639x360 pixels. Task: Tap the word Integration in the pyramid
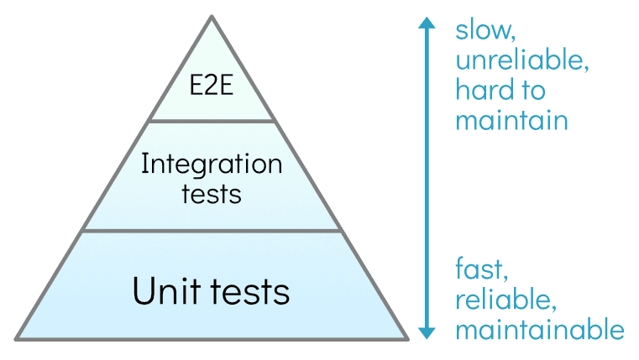pos(212,164)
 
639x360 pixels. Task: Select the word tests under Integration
pos(212,194)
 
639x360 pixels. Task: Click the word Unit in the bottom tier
pos(164,291)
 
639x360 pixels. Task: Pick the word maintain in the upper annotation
pos(511,119)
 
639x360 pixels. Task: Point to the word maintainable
pos(539,329)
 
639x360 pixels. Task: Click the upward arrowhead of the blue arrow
pos(427,23)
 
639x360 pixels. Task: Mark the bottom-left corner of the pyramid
pos(16,339)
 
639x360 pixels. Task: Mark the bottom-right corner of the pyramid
pos(408,339)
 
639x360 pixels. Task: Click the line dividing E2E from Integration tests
pos(212,121)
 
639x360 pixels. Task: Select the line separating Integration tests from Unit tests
pos(212,230)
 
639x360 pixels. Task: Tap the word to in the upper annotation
pos(530,89)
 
